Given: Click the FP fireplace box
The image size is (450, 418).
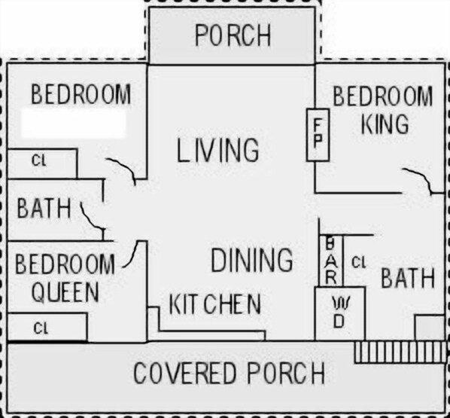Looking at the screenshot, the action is point(318,135).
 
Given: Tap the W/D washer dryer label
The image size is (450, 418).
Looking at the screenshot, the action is point(339,313).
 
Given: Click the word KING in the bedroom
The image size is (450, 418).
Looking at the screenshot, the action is point(385,124).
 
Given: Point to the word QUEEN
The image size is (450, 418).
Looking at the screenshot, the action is point(65,291).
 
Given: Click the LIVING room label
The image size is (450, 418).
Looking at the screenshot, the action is point(217,150).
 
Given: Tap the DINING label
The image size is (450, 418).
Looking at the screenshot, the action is point(252,260).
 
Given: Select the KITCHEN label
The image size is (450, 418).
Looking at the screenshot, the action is point(215,304).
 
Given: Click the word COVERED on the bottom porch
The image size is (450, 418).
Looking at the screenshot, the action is point(184,373).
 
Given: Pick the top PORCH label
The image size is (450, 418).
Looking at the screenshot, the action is point(233,35).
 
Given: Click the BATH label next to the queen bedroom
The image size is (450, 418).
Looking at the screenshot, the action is point(44,208).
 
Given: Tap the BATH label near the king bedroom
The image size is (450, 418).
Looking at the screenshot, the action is point(408,278).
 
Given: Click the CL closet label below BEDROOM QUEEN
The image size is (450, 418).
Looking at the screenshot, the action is point(41,328).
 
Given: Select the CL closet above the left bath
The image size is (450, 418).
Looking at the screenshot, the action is point(38,160).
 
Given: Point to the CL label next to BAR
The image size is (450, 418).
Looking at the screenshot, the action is point(359,262).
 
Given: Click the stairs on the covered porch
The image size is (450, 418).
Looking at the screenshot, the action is point(400,352).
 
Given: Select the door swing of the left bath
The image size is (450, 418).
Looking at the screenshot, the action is point(90,218).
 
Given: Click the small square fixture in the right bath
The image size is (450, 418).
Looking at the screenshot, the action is point(430,328).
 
